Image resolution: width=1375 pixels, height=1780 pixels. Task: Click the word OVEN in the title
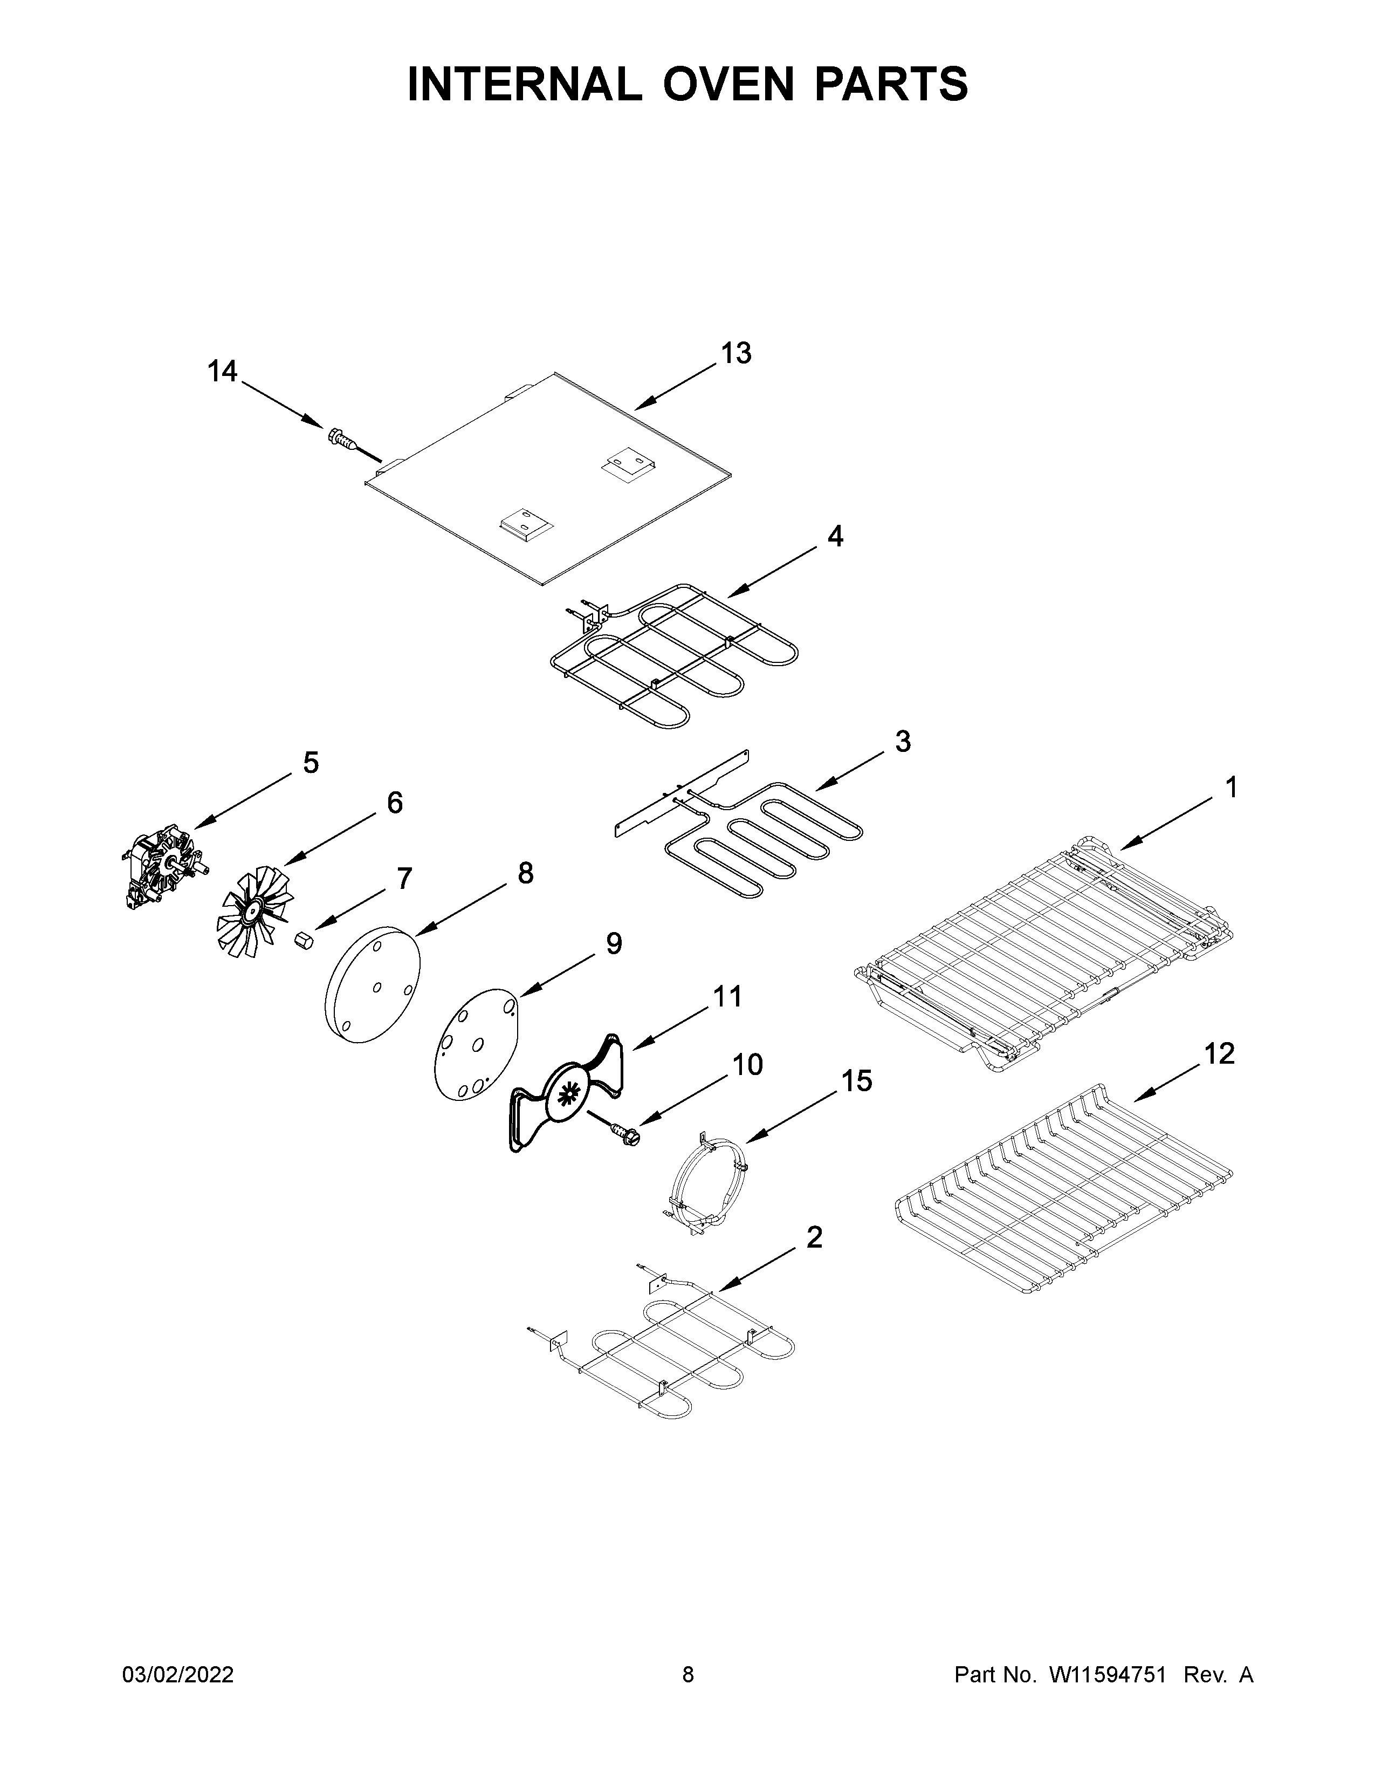click(727, 84)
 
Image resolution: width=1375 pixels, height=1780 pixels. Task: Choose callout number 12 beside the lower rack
click(1219, 1054)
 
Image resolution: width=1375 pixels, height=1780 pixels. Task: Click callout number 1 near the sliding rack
click(1231, 788)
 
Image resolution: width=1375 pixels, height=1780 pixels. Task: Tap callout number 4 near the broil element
click(835, 536)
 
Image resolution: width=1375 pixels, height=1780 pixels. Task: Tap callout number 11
click(727, 996)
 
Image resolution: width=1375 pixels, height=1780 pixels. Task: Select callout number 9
click(614, 944)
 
